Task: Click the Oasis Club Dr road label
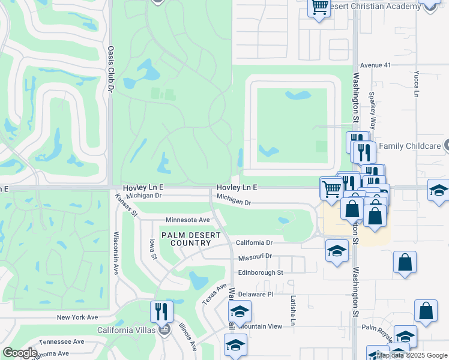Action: (110, 69)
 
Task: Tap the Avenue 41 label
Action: (375, 65)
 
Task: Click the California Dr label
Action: (255, 243)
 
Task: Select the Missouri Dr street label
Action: (255, 256)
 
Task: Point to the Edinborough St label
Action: (261, 272)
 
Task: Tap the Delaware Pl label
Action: (255, 294)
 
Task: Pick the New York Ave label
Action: (77, 317)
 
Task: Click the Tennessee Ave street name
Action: (61, 341)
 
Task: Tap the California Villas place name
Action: (127, 330)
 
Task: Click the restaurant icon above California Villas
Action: (161, 310)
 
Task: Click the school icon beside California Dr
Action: (337, 250)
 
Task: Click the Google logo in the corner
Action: (20, 353)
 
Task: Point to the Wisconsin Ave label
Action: (115, 253)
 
